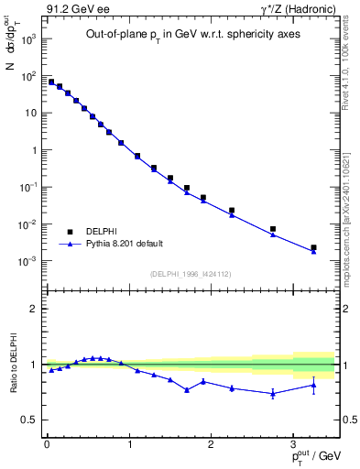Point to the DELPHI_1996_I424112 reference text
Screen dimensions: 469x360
pos(190,273)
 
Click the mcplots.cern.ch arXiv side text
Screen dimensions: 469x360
pos(345,211)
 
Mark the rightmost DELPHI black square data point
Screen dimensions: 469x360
pos(313,247)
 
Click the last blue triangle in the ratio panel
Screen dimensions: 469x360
pos(313,385)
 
